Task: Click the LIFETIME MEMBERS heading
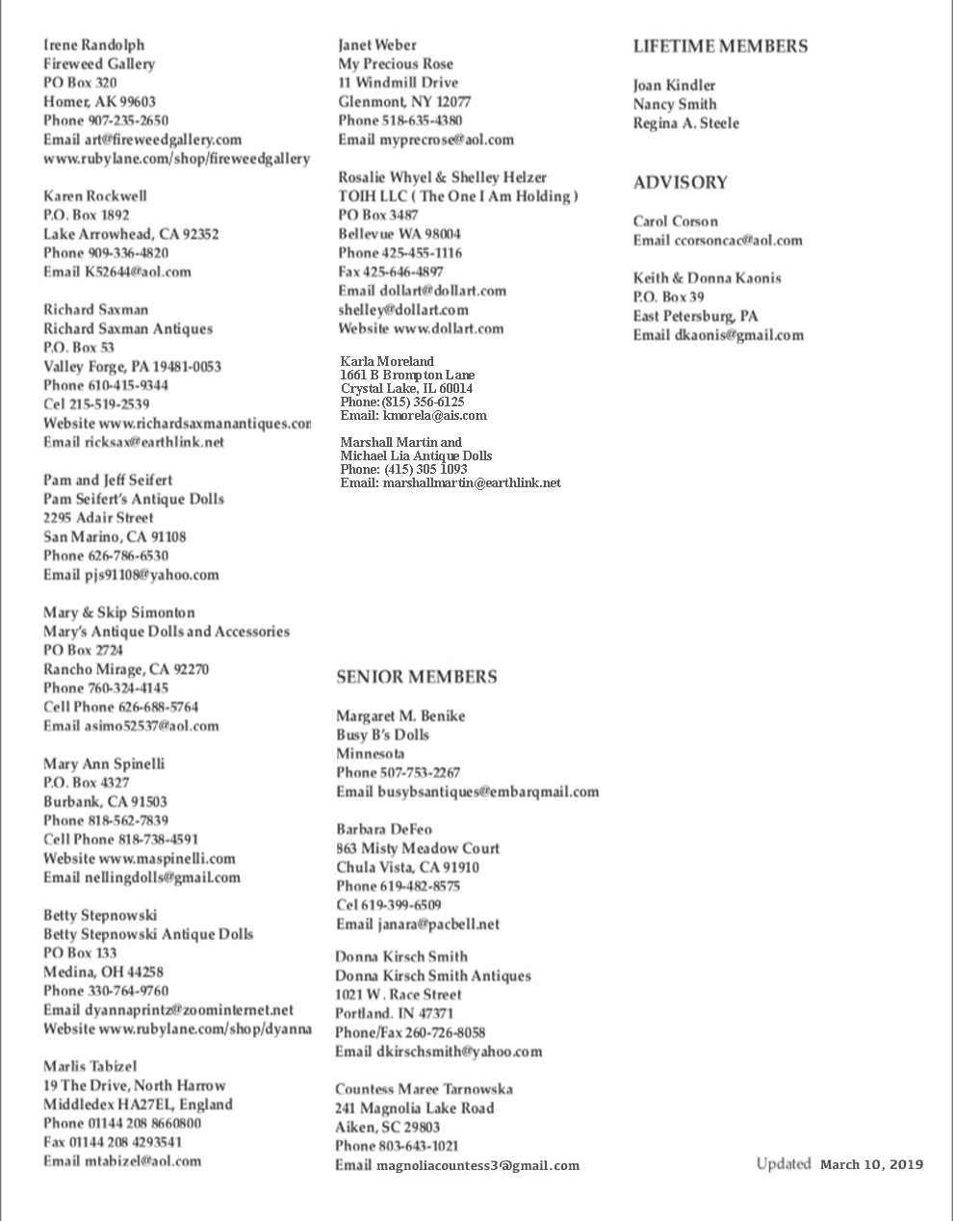click(x=720, y=46)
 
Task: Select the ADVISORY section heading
click(x=680, y=183)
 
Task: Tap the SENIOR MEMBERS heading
click(x=416, y=677)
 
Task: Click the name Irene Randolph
click(x=93, y=45)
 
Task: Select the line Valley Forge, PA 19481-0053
click(x=132, y=367)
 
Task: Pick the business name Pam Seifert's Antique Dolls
click(x=133, y=499)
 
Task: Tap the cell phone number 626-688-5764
click(x=158, y=707)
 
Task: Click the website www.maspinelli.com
click(x=167, y=858)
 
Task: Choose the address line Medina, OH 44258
click(x=103, y=972)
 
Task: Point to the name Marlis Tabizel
click(x=90, y=1066)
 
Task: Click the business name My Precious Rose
click(x=395, y=65)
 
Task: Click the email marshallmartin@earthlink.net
click(x=471, y=482)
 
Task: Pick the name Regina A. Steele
click(x=685, y=123)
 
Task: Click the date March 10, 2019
click(x=871, y=1164)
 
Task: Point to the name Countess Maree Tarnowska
click(x=424, y=1089)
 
